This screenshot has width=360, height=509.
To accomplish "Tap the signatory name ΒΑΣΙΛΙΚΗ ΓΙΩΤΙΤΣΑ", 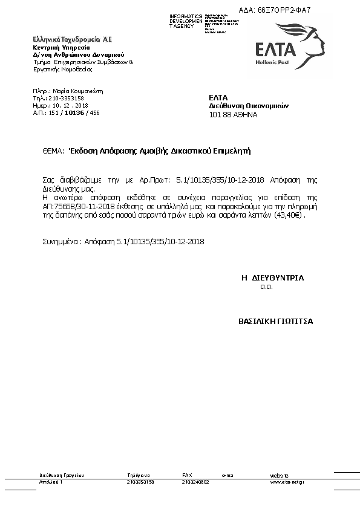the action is click(x=275, y=322).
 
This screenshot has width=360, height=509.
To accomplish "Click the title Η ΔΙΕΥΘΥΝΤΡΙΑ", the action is click(x=272, y=278).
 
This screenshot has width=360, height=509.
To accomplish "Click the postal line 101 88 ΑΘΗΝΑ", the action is click(x=233, y=114).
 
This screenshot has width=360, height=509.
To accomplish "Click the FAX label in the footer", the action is click(x=187, y=476).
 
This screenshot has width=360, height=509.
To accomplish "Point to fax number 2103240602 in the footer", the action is click(x=195, y=482).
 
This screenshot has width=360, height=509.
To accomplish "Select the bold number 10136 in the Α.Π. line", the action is click(x=75, y=112).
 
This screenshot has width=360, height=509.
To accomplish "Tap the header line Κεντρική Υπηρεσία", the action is click(x=61, y=47).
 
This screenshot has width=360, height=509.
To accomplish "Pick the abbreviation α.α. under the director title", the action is click(x=267, y=287).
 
